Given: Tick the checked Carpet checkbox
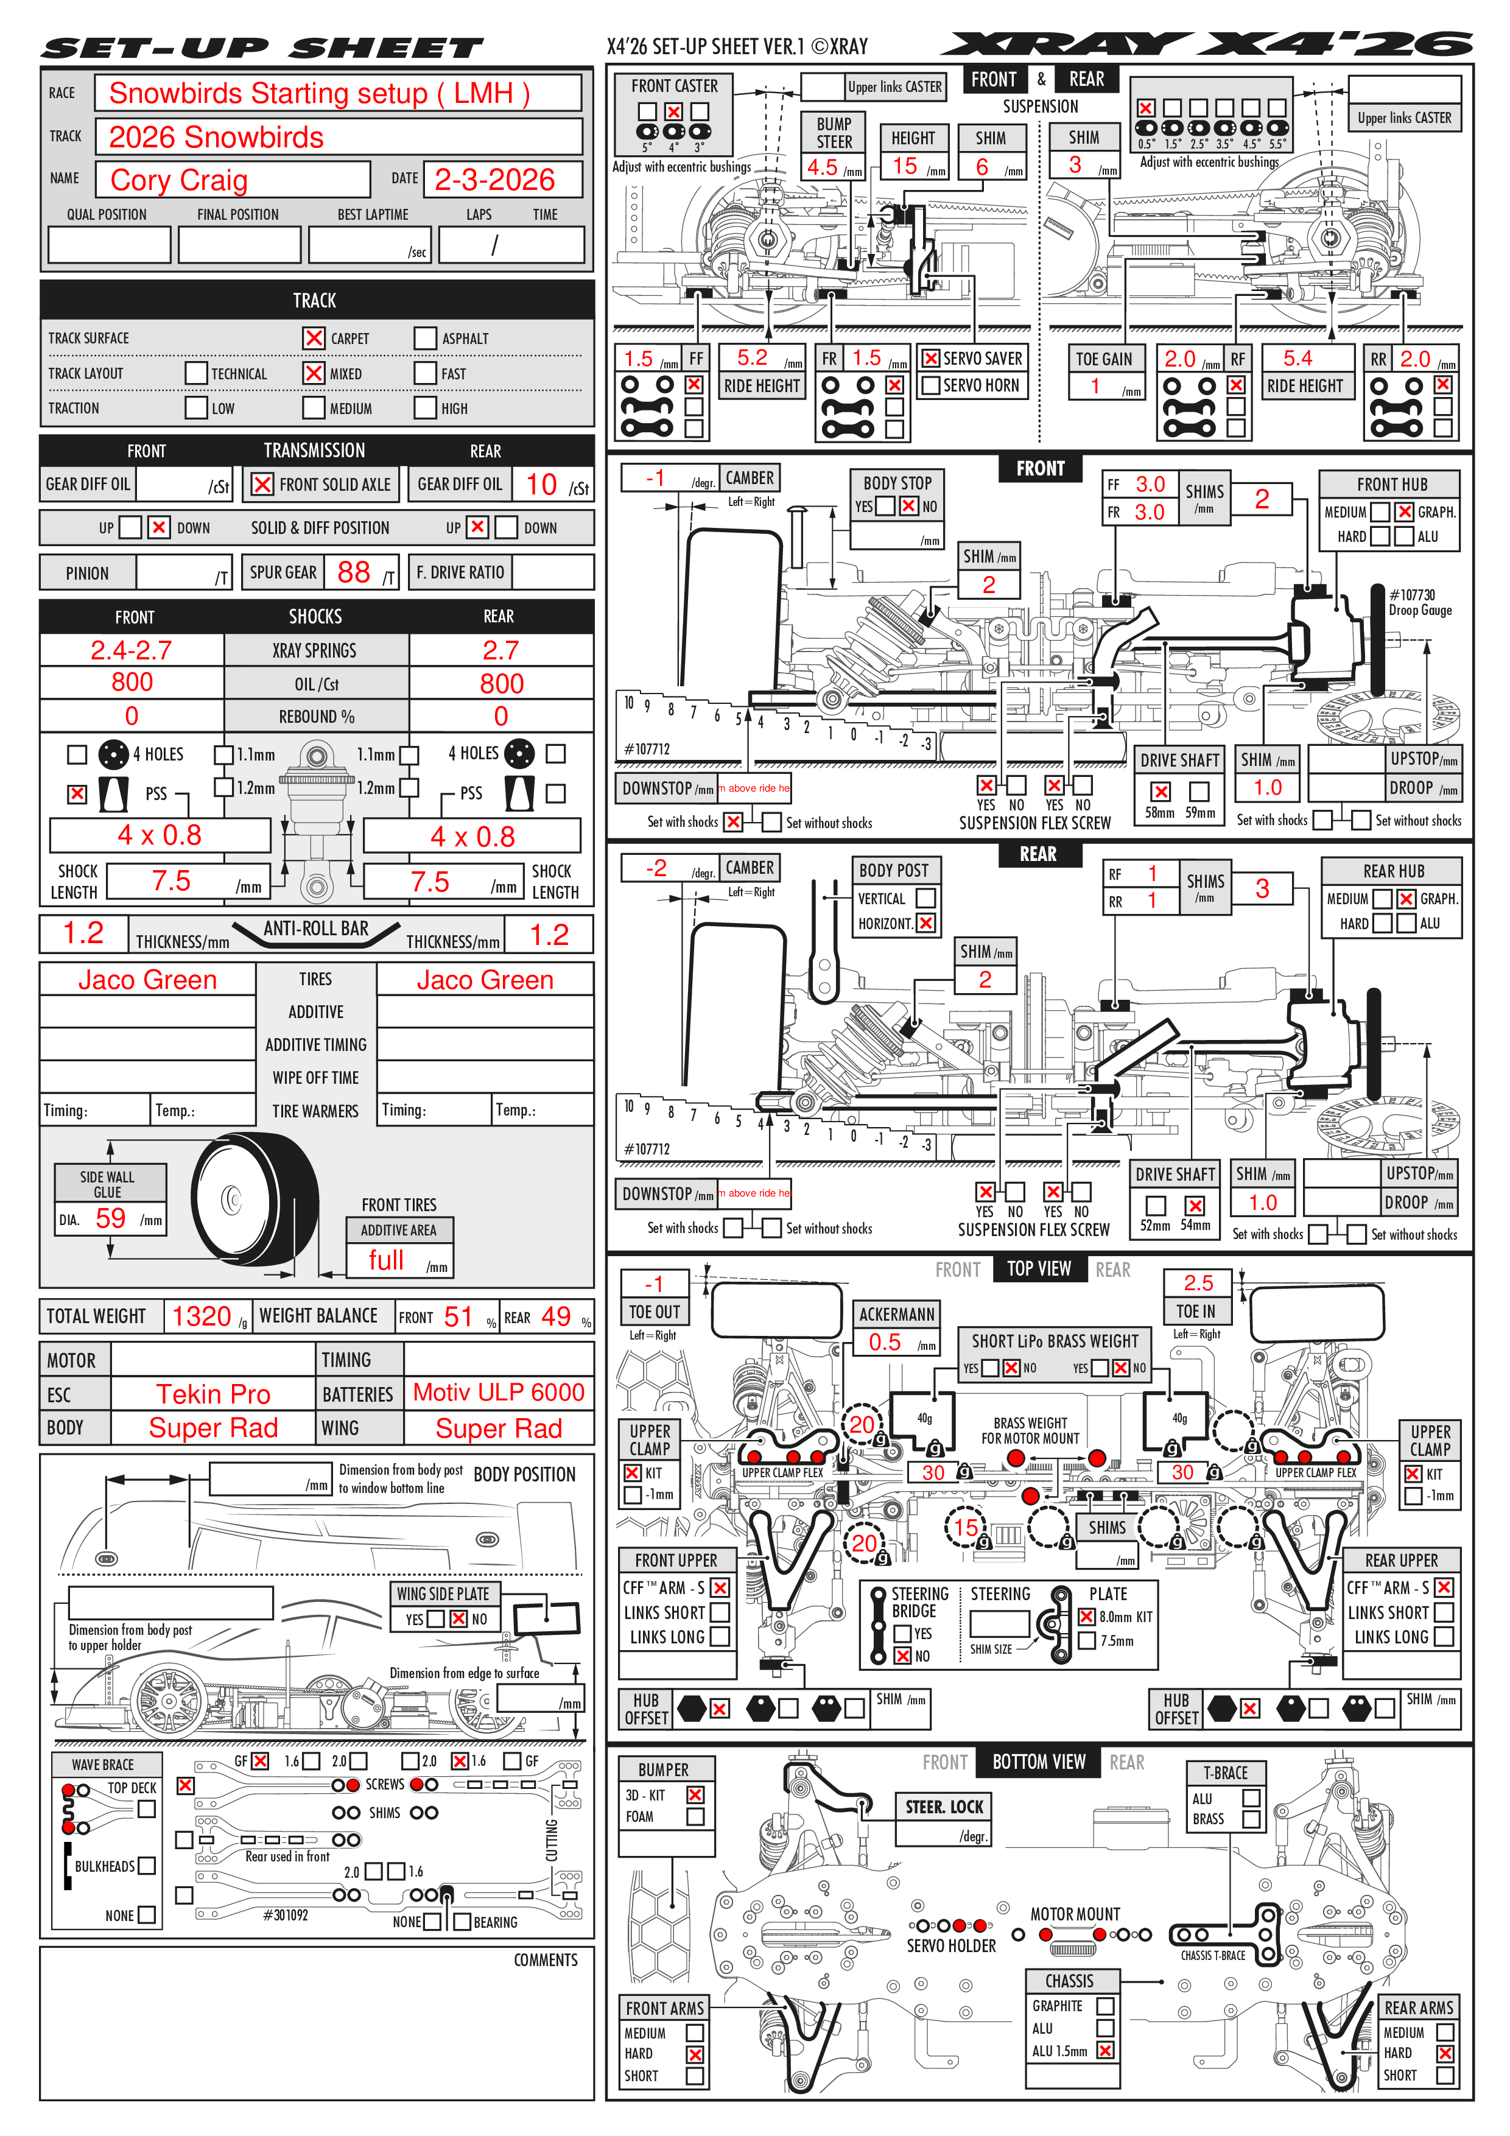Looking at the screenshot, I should (x=314, y=338).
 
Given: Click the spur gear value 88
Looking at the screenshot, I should (x=354, y=572).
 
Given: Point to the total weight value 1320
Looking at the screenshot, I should (x=201, y=1316).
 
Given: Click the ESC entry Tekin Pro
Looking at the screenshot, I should (x=213, y=1394).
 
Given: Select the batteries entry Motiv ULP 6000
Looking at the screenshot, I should (x=499, y=1393).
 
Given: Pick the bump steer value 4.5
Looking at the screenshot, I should (x=823, y=167).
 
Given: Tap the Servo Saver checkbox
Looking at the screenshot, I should (x=930, y=358).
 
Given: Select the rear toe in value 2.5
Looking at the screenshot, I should (x=1198, y=1283).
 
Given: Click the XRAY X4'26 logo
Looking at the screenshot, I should (x=1206, y=44).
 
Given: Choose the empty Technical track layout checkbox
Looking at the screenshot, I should (x=196, y=373).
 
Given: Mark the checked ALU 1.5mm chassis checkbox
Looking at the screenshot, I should (x=1105, y=2050).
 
